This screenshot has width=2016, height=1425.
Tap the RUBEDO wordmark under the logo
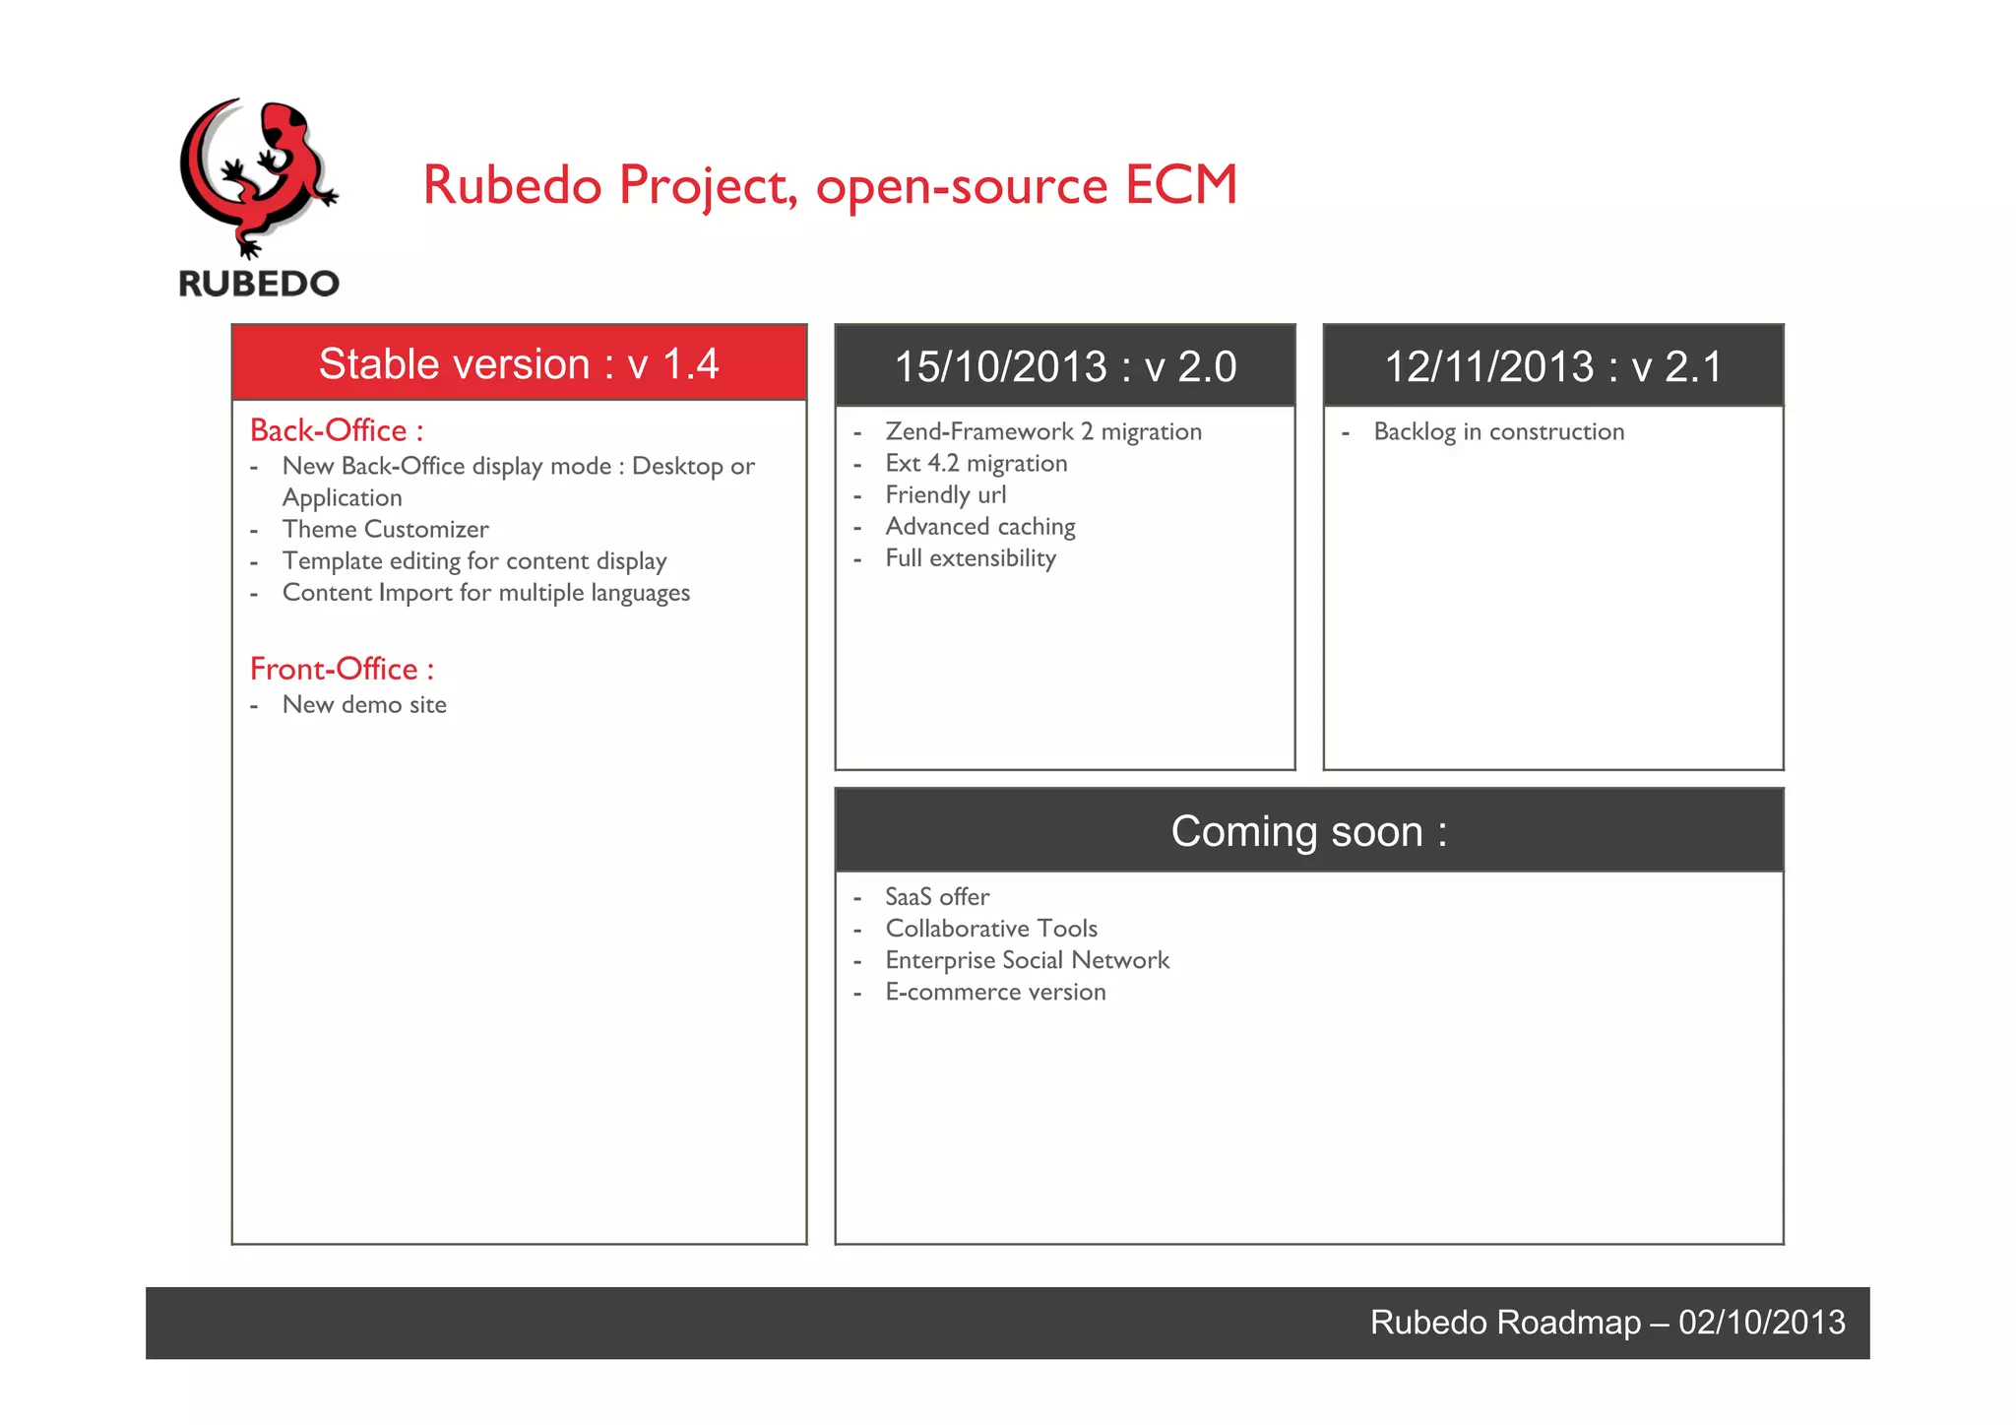(259, 284)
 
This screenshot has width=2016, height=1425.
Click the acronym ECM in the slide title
(1180, 184)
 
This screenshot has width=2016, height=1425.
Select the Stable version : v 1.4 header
(519, 363)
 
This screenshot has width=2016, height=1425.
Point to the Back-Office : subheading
(337, 430)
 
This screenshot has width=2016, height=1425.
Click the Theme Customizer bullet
(385, 529)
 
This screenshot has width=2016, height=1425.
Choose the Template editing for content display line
(474, 560)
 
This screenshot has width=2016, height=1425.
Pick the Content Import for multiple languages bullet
(486, 593)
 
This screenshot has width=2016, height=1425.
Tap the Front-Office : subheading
(342, 669)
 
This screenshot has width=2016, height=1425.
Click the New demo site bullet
(364, 704)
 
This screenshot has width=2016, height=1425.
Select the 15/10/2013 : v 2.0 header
(1065, 366)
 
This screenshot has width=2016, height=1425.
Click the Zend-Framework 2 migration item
(1043, 431)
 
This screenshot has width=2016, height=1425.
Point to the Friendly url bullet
(945, 494)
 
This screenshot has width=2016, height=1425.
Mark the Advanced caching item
(980, 526)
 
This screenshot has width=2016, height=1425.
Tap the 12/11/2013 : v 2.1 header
(1553, 366)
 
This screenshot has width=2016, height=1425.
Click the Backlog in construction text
(1498, 431)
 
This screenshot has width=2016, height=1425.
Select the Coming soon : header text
(1308, 831)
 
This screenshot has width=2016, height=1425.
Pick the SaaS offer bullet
(937, 896)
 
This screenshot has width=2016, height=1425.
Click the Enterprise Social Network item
(1027, 960)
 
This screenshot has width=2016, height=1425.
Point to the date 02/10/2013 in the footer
(1761, 1322)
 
